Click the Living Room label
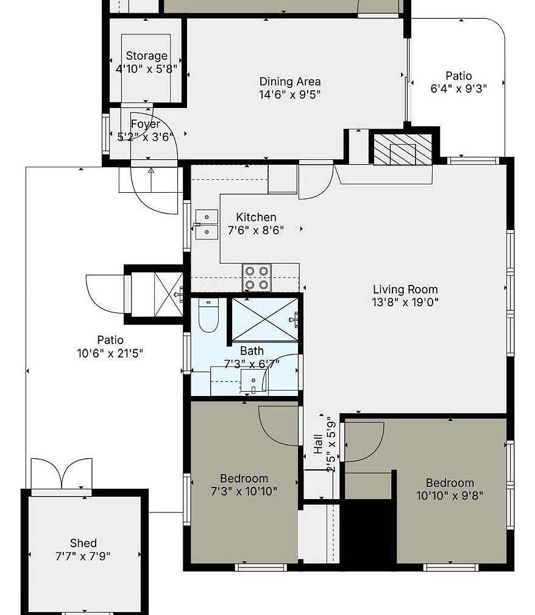(405, 289)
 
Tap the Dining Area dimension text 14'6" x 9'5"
(290, 95)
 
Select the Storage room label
(146, 56)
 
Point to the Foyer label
(146, 124)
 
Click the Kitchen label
(256, 217)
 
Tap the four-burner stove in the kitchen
(257, 277)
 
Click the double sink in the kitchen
(207, 225)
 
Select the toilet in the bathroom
(208, 315)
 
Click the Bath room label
(252, 351)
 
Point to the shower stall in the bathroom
(265, 319)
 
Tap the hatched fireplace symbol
(402, 149)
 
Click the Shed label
(83, 543)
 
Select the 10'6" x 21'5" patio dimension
(110, 353)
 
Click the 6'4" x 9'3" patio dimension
(459, 88)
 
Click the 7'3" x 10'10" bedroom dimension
(244, 491)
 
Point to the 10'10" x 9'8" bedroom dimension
(450, 496)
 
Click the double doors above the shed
(62, 473)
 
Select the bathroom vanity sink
(253, 381)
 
